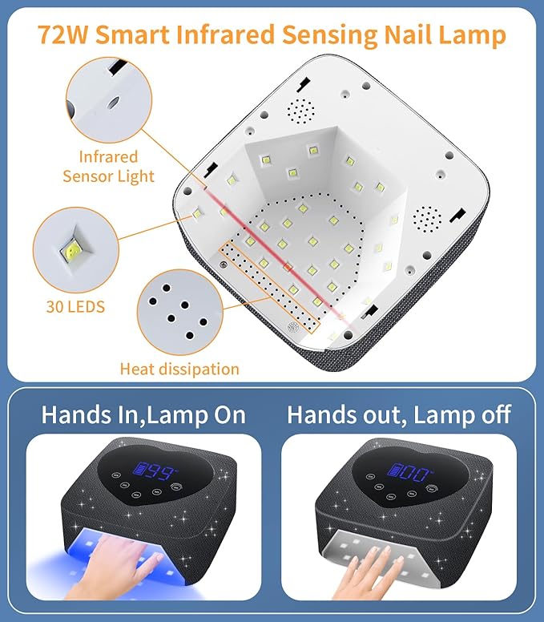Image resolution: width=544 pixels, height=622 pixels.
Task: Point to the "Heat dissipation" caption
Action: coord(179,369)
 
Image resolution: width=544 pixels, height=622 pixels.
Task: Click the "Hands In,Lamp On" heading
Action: coord(143,414)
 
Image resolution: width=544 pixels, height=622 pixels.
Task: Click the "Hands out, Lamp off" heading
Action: coord(399,414)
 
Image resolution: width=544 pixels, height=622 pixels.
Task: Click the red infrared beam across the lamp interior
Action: coord(280,252)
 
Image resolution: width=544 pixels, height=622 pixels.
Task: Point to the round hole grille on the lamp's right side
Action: coord(426,217)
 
